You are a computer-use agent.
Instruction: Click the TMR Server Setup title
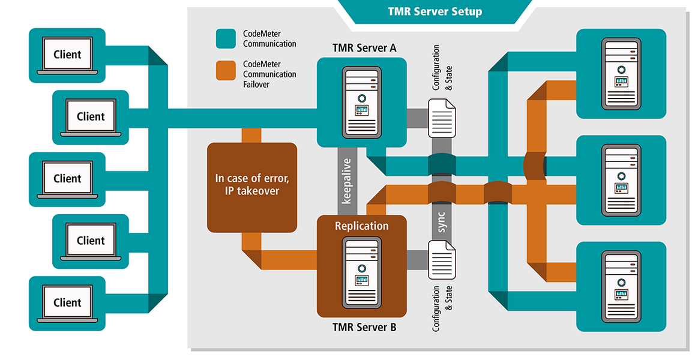coord(435,11)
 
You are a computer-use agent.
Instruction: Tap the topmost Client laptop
coord(67,55)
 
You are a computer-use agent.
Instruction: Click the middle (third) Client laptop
coord(67,179)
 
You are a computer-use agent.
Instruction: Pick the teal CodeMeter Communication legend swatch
coord(225,38)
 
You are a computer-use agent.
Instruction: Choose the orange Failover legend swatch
coord(225,70)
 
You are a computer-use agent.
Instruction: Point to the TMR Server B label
coord(364,328)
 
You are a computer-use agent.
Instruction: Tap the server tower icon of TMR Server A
coord(362,100)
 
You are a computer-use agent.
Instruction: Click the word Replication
coord(362,226)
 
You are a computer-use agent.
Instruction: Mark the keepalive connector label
coord(346,181)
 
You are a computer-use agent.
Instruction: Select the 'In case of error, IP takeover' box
coord(252,187)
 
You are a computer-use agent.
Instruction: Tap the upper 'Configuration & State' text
coord(442,67)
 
